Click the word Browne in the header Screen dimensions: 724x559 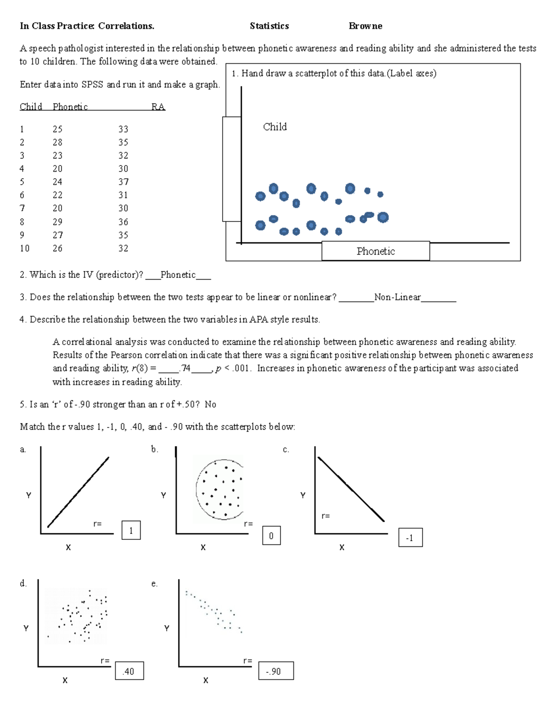click(365, 26)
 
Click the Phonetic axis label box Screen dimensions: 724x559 click(375, 251)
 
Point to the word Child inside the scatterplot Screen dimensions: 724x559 click(275, 127)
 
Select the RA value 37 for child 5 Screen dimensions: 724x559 click(123, 182)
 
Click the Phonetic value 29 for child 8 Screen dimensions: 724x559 click(57, 222)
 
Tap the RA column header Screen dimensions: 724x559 click(158, 107)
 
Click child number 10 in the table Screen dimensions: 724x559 click(25, 248)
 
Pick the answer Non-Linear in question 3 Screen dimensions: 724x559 click(397, 297)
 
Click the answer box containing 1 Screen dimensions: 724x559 click(131, 531)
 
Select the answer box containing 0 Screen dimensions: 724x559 click(271, 536)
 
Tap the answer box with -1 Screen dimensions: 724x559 click(410, 538)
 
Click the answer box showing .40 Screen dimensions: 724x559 click(129, 671)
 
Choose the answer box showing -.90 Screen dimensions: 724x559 click(275, 671)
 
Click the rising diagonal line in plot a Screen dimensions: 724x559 click(78, 492)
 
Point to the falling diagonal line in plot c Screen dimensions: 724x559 click(351, 489)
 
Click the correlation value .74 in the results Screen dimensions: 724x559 click(185, 368)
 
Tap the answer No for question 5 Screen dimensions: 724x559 click(210, 405)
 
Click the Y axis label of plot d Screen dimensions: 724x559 click(26, 628)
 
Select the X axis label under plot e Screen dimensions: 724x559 click(205, 681)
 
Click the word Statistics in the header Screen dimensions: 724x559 click(269, 26)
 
